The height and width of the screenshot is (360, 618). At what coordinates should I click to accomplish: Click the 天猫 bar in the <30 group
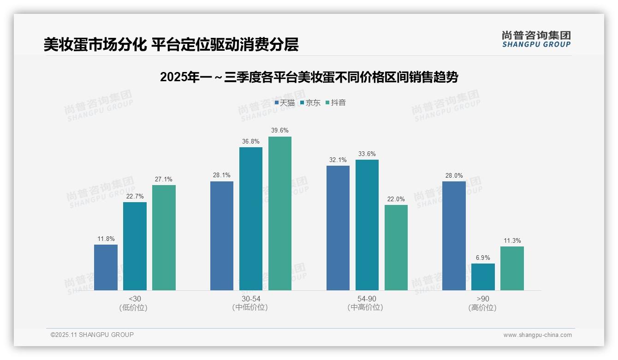[x=106, y=267]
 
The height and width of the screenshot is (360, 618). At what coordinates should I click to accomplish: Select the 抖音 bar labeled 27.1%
[x=164, y=238]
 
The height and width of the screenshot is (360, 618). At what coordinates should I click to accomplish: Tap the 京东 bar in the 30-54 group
[x=250, y=219]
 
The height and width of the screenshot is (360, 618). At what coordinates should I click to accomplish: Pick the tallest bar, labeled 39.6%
[x=280, y=213]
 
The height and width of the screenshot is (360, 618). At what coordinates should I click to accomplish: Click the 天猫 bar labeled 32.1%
[x=338, y=228]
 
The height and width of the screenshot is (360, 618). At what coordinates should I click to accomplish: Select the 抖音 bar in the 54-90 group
[x=396, y=247]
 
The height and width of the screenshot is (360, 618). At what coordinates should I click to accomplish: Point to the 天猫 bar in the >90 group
[x=454, y=236]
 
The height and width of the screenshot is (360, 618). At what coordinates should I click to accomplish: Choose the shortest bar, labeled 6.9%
[x=483, y=277]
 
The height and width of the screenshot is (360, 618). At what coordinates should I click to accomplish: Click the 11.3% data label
[x=512, y=241]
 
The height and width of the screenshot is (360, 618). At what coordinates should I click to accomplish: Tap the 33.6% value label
[x=367, y=154]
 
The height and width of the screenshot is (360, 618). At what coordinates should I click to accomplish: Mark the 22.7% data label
[x=135, y=197]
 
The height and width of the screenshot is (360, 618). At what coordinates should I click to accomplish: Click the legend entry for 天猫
[x=285, y=103]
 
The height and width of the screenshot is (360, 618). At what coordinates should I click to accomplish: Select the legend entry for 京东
[x=310, y=103]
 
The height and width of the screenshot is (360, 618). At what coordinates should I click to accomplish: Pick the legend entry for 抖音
[x=336, y=103]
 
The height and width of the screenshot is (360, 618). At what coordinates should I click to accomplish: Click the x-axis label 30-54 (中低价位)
[x=250, y=303]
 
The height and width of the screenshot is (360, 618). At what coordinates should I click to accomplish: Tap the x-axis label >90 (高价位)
[x=483, y=303]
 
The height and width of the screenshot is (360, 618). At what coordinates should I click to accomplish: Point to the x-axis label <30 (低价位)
[x=135, y=303]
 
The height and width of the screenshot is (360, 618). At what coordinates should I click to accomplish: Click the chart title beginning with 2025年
[x=309, y=77]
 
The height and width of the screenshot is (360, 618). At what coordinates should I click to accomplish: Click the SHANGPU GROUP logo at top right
[x=536, y=39]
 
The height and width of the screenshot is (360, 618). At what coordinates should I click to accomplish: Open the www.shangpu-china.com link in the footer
[x=537, y=335]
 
